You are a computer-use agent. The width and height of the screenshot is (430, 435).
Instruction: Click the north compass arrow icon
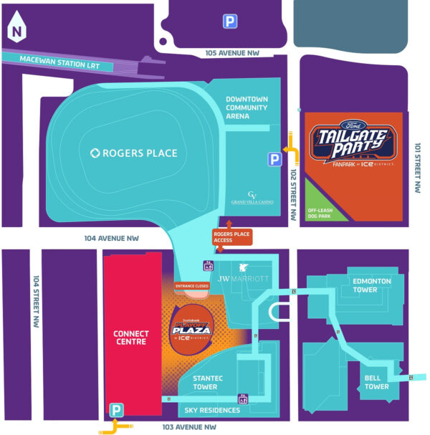tap(16, 29)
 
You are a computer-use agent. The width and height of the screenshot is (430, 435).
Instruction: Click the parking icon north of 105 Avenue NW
tap(229, 22)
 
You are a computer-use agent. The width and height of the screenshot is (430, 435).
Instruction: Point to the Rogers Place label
tap(134, 153)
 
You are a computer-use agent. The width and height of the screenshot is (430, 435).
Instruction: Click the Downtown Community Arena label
tap(247, 107)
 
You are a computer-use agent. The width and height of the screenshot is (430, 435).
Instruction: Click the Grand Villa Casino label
tap(252, 199)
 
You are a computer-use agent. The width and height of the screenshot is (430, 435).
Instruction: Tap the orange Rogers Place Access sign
tap(233, 236)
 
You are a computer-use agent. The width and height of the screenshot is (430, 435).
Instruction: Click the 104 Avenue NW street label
tap(111, 237)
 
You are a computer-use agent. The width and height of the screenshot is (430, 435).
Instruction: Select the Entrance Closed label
tap(192, 286)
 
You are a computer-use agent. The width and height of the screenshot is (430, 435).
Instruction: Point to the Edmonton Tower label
tap(371, 285)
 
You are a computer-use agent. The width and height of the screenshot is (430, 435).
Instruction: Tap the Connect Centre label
tap(132, 338)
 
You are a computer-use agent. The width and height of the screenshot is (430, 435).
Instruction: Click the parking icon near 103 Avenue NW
tap(115, 410)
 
